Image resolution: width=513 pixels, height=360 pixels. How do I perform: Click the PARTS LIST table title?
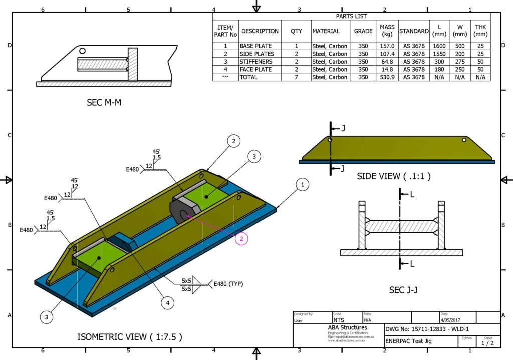351,16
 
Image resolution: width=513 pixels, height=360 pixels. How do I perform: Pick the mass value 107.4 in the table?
387,54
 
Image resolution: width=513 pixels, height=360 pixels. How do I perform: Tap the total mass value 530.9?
387,77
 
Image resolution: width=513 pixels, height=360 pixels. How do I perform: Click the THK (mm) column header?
480,31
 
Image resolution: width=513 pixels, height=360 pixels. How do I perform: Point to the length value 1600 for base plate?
439,46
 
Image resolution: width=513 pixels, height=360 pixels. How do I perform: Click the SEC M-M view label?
104,103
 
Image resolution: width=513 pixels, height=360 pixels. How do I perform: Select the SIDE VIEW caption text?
393,176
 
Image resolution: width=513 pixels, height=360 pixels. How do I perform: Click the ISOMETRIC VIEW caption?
129,336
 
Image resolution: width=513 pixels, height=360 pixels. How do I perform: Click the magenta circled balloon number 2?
241,239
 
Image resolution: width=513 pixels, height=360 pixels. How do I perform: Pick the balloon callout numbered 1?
302,185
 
